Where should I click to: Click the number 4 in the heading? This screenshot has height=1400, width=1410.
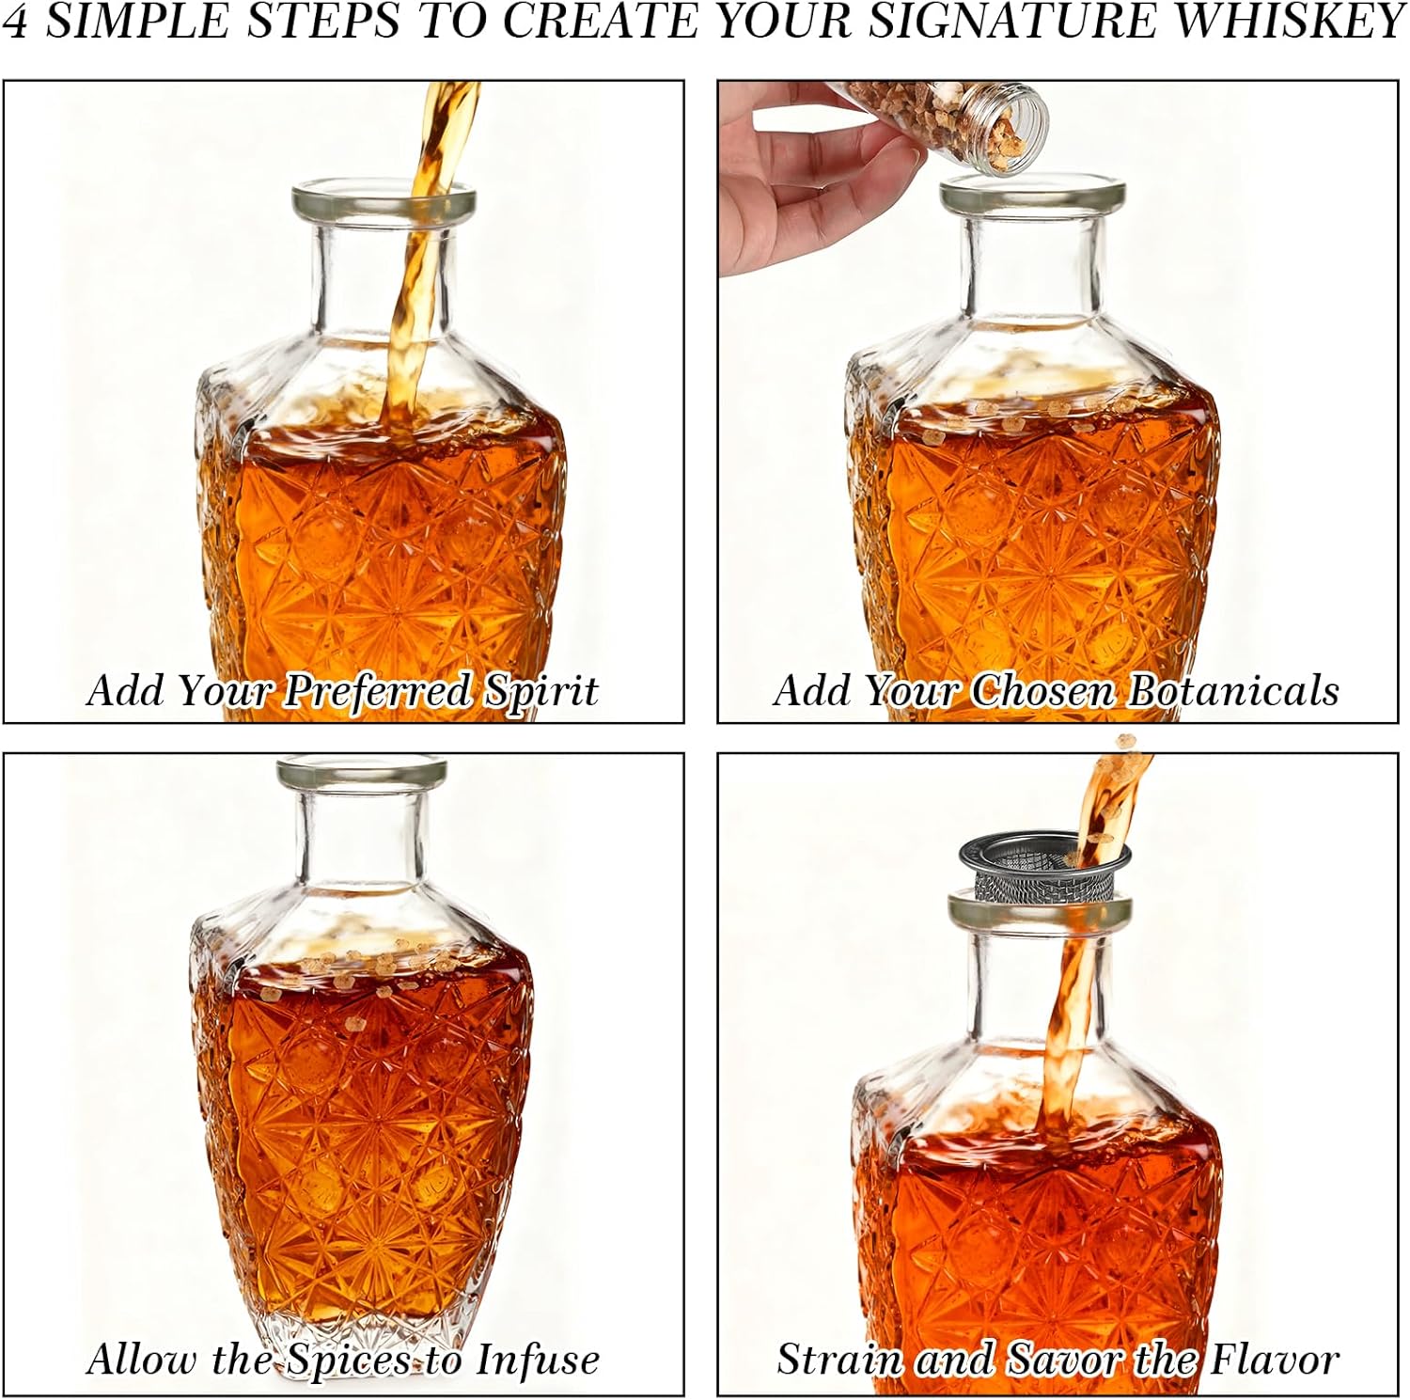[x=16, y=22]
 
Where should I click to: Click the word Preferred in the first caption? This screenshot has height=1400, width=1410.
[x=378, y=691]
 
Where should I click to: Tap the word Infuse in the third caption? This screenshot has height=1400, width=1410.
[x=537, y=1360]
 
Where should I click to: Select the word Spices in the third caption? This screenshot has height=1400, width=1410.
[x=349, y=1360]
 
